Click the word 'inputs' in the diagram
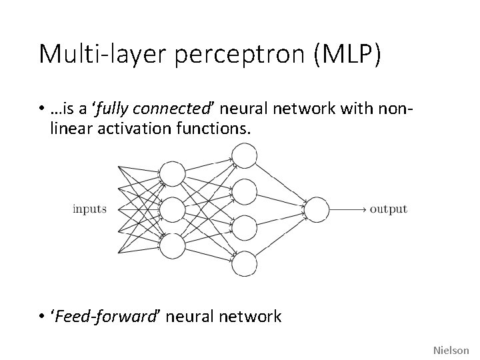pos(89,209)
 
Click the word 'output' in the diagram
pos(388,209)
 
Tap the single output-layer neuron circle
pos(317,210)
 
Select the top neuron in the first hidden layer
pos(173,175)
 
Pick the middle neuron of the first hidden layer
pos(173,210)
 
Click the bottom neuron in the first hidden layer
pos(173,245)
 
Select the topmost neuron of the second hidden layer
pos(245,157)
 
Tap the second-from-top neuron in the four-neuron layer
pos(245,192)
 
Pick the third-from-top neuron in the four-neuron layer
pos(245,227)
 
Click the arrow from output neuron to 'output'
pos(347,210)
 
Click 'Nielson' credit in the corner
pos(451,349)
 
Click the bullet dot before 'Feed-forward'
pos(41,316)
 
